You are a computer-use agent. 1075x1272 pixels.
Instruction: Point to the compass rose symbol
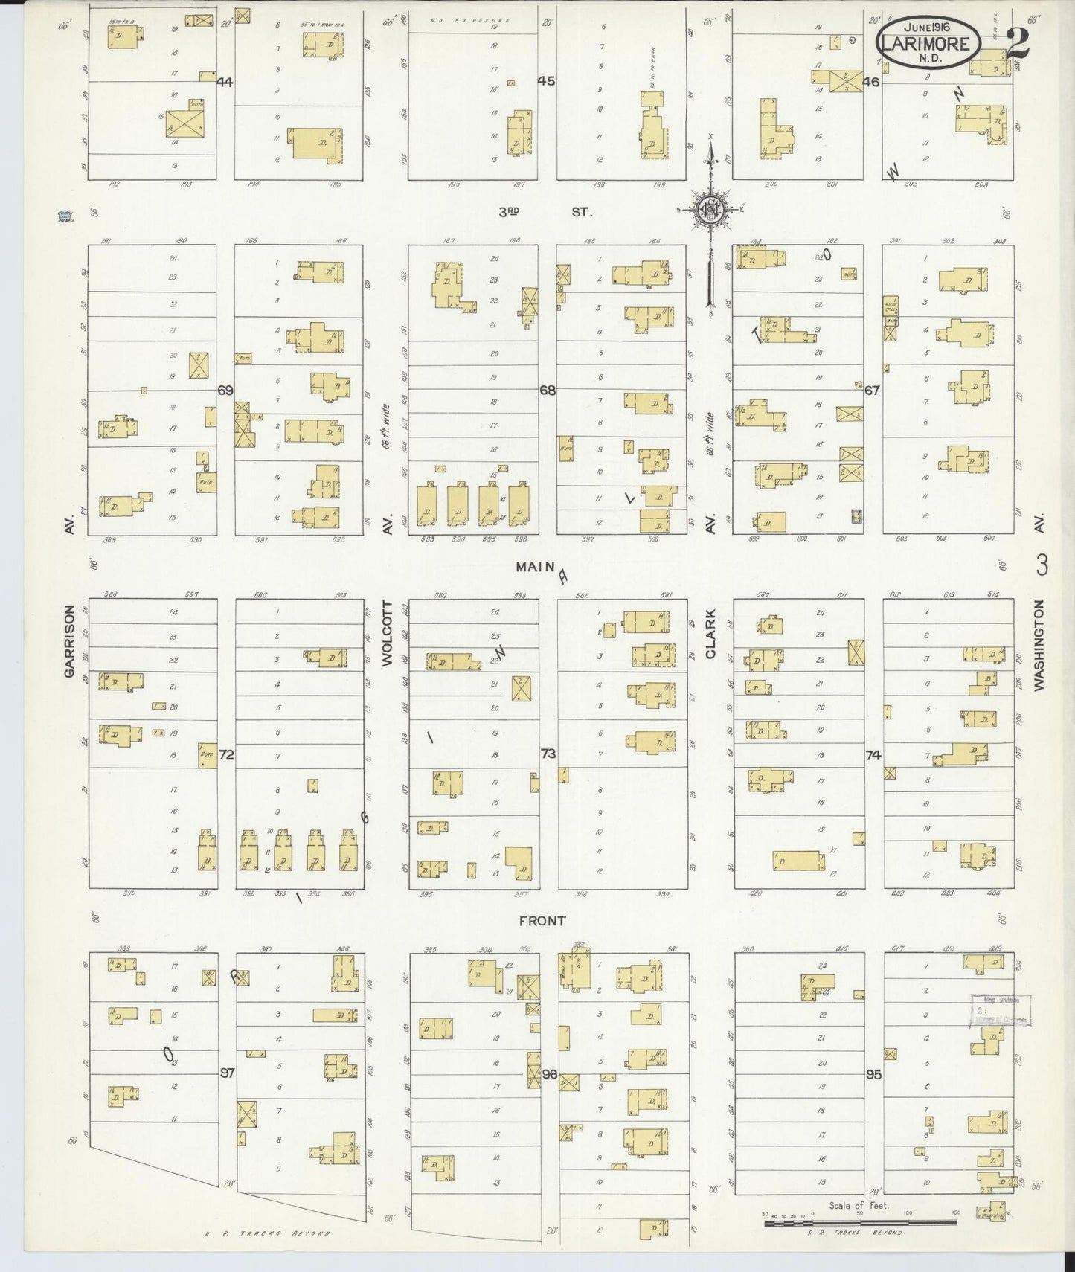[x=710, y=210]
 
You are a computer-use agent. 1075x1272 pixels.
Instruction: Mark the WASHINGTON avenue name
[x=1039, y=646]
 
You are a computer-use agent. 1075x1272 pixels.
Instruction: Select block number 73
[x=548, y=754]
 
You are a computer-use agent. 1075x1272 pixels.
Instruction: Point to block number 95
[x=873, y=1075]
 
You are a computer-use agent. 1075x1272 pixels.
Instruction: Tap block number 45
[x=547, y=81]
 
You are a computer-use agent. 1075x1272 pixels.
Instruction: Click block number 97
[x=227, y=1073]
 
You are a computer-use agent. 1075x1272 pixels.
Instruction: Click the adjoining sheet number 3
[x=1042, y=566]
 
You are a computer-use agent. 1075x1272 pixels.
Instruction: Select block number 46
[x=871, y=82]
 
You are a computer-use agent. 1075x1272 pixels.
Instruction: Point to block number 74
[x=873, y=755]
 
